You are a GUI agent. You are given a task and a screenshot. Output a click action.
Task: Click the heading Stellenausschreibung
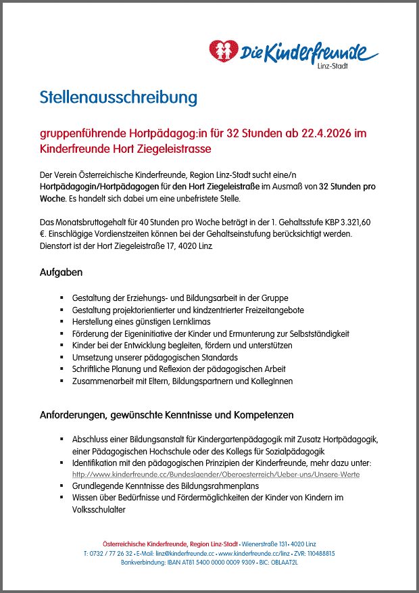[x=118, y=97]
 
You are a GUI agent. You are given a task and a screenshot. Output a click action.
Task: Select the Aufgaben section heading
[x=61, y=272]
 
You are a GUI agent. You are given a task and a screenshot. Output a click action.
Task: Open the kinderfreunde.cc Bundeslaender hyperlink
[x=216, y=475]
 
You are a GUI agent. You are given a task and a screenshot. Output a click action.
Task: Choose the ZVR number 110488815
[x=319, y=553]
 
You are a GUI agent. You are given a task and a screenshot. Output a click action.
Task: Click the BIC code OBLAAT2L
[x=285, y=562]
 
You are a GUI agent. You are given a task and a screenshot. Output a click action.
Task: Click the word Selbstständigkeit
[x=317, y=334]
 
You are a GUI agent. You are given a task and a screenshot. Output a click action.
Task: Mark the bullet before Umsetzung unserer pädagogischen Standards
[x=62, y=357]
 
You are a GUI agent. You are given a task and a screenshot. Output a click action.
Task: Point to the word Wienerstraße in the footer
[x=260, y=544]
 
